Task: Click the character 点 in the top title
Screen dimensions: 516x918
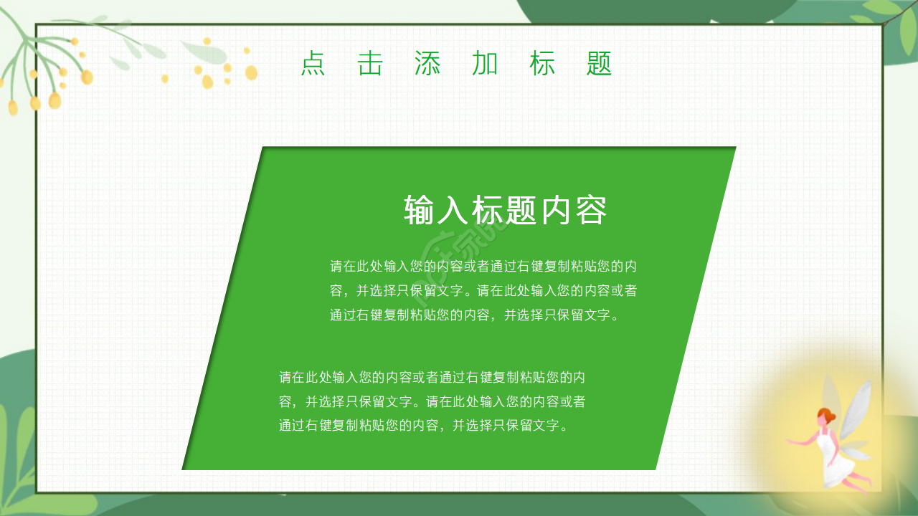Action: tap(313, 64)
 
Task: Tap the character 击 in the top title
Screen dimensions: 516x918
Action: tap(370, 64)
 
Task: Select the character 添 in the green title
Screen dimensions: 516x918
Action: tap(427, 64)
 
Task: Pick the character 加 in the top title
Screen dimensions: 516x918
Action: tap(485, 64)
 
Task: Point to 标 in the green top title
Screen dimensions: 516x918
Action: tap(542, 64)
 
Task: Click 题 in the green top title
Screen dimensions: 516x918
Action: tap(599, 64)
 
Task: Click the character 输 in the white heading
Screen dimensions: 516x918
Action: tap(420, 210)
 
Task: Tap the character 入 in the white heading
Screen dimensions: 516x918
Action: tap(454, 210)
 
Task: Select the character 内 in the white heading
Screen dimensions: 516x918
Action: tap(557, 210)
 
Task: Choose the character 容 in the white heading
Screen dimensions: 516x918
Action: tap(591, 210)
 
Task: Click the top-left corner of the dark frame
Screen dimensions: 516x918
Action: tap(37, 25)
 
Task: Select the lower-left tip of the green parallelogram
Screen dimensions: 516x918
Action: tap(184, 469)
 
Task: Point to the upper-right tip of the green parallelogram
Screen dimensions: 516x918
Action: tap(734, 148)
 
